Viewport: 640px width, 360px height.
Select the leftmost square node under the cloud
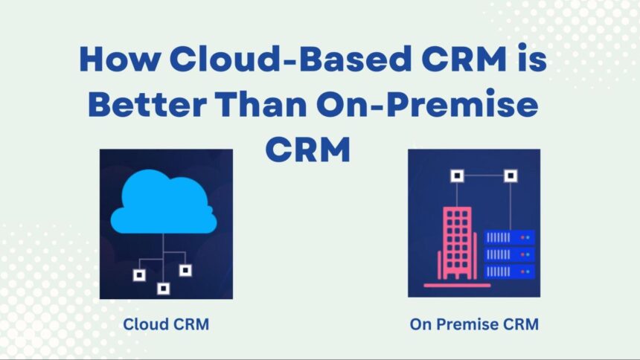point(138,275)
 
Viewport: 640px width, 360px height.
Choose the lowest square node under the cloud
point(163,288)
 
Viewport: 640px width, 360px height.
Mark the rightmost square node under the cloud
point(185,270)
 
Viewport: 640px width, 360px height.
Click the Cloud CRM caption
point(166,325)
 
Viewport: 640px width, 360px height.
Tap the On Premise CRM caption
point(474,325)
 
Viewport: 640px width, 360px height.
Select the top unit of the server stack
point(509,237)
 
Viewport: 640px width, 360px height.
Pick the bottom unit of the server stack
point(509,270)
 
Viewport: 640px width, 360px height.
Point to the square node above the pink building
point(458,176)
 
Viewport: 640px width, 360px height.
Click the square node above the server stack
point(510,176)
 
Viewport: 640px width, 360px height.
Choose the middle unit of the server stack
point(509,254)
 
